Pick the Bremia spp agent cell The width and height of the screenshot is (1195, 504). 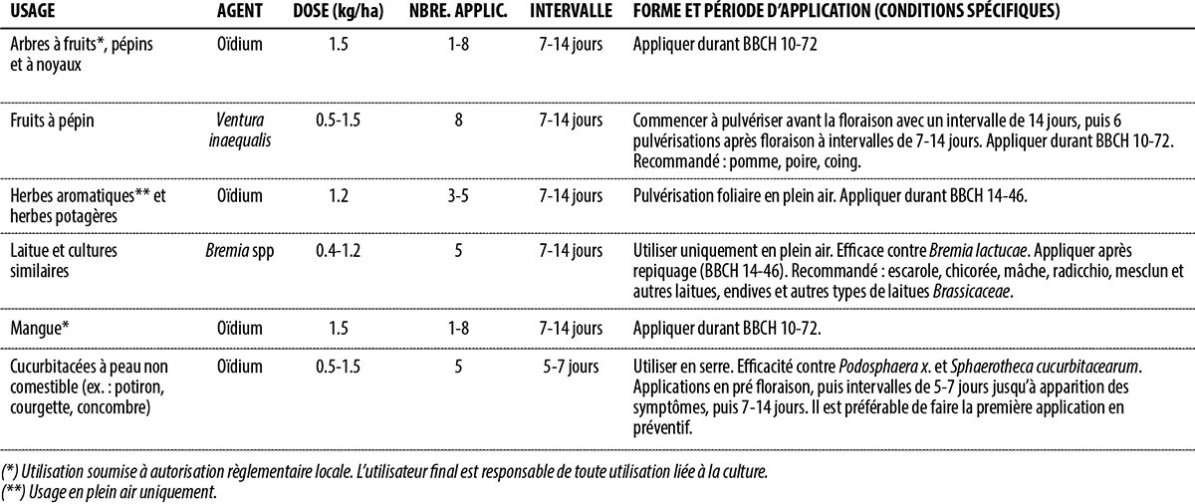point(239,250)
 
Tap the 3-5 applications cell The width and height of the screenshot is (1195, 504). point(457,195)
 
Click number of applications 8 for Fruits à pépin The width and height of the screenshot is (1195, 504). point(457,121)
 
